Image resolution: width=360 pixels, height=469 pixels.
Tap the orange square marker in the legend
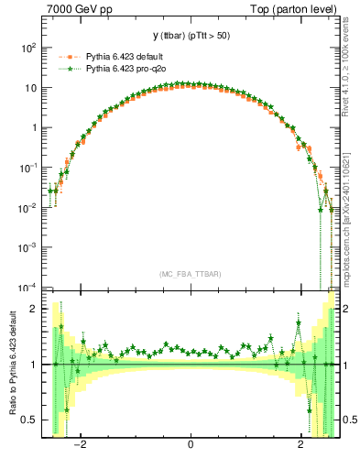[67, 57]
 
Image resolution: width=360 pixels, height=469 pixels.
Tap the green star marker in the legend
[67, 68]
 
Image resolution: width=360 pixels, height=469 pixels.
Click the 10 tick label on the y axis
[30, 88]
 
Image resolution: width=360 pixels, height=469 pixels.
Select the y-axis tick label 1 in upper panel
[34, 128]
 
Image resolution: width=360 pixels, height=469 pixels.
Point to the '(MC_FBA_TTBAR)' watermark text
[191, 274]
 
